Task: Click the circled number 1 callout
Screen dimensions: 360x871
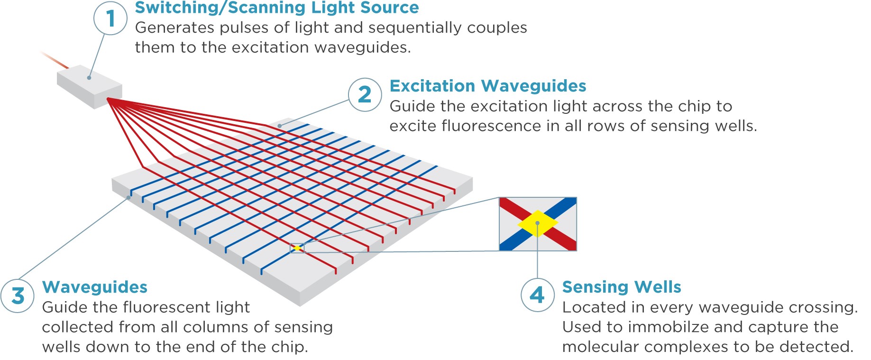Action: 110,18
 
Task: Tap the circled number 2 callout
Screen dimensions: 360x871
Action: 365,94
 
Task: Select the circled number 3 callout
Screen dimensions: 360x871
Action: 18,295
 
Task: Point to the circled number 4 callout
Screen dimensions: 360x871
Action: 537,295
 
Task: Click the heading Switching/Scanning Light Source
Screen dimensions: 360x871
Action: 277,8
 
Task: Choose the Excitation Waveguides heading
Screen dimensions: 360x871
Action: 487,86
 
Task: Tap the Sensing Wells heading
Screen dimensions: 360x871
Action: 621,287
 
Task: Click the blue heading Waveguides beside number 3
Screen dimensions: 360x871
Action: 95,287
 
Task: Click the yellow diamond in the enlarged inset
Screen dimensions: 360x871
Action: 538,223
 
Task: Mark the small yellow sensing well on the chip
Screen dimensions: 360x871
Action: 297,248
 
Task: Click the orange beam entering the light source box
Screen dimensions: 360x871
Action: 55,60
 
